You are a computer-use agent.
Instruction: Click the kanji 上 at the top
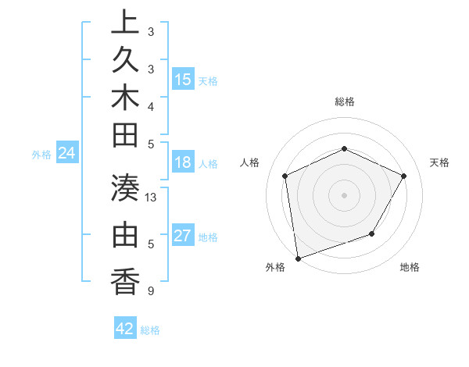pos(125,20)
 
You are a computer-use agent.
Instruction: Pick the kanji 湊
pos(125,185)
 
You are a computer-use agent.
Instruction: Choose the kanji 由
pos(125,233)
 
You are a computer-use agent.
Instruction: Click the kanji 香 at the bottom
pos(125,280)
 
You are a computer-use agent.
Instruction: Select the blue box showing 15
pos(183,79)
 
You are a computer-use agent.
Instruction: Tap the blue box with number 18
pos(183,163)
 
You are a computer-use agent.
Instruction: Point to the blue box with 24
pos(67,153)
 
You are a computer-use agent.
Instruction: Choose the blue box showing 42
pos(125,329)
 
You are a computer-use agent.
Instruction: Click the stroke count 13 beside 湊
pos(152,198)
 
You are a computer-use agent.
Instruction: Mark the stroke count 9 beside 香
pos(150,291)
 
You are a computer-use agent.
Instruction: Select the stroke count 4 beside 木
pos(150,106)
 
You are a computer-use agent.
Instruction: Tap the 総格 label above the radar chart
pos(345,102)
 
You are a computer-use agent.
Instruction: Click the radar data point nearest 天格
pos(404,176)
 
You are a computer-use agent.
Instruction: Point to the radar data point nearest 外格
pos(298,258)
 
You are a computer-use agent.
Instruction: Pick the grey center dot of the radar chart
pos(345,194)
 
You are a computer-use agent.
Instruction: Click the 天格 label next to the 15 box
pos(208,81)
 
